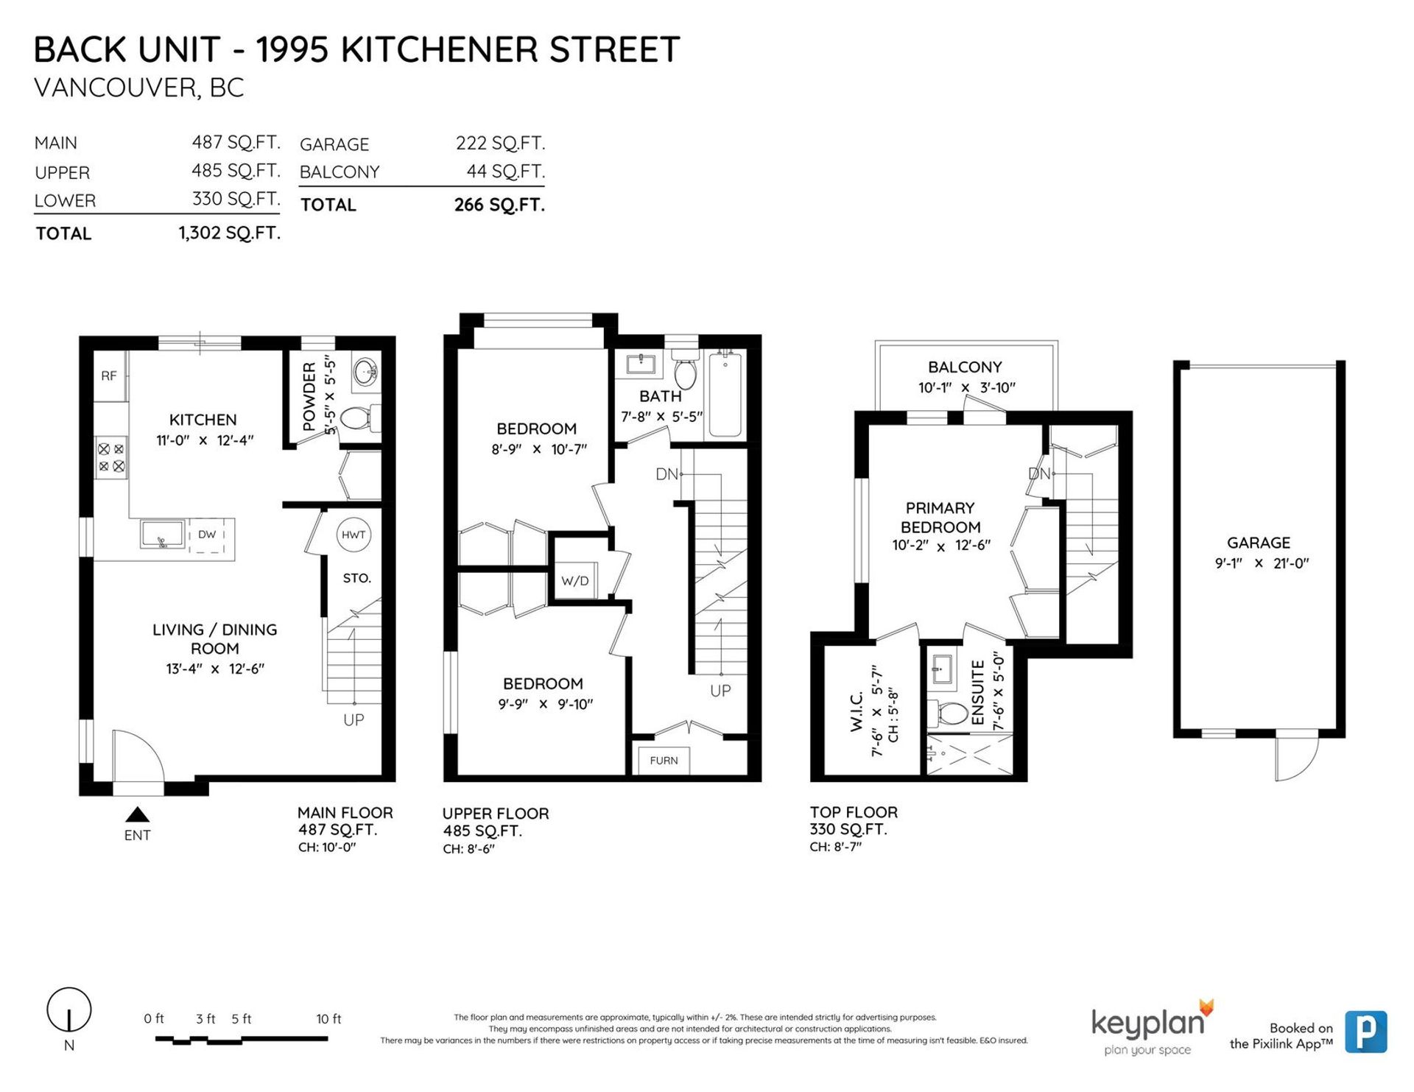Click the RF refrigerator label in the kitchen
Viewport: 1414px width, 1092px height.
pyautogui.click(x=109, y=376)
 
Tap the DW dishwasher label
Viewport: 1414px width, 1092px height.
pyautogui.click(x=207, y=535)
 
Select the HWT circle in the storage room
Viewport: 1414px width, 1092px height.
pyautogui.click(x=353, y=535)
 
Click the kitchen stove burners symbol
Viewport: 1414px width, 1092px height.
pyautogui.click(x=111, y=457)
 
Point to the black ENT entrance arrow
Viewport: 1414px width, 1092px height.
pyautogui.click(x=137, y=814)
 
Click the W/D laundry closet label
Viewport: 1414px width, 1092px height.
pyautogui.click(x=575, y=581)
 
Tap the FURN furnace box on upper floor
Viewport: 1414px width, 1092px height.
pyautogui.click(x=664, y=761)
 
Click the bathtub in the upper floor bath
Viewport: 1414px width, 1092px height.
pyautogui.click(x=725, y=395)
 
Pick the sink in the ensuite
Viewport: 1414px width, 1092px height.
pyautogui.click(x=943, y=669)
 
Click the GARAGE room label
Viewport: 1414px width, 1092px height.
pyautogui.click(x=1259, y=543)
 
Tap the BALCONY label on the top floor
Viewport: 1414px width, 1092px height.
pyautogui.click(x=965, y=367)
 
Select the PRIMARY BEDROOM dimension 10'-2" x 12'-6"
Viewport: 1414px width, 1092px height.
pyautogui.click(x=941, y=546)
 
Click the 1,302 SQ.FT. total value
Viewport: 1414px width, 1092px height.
pyautogui.click(x=230, y=233)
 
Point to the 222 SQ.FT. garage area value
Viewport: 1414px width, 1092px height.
pyautogui.click(x=501, y=143)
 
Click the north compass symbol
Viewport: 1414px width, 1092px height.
pyautogui.click(x=69, y=1010)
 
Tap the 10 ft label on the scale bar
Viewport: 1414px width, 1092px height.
pyautogui.click(x=328, y=1019)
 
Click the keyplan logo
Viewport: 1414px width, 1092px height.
pyautogui.click(x=1151, y=1028)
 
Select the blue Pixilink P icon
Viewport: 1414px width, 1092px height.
pyautogui.click(x=1366, y=1032)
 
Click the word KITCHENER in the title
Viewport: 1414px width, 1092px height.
pyautogui.click(x=439, y=50)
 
